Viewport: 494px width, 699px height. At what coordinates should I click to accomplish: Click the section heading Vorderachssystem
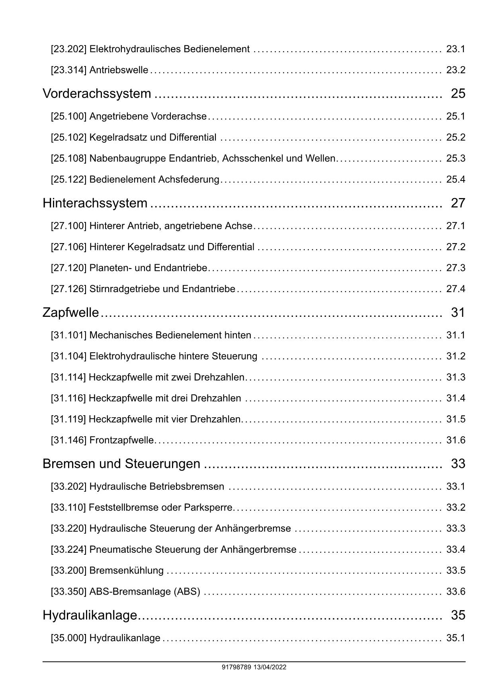(97, 94)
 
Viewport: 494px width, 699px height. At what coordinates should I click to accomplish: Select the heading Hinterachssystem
(95, 203)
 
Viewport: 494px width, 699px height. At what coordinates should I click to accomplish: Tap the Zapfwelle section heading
(70, 312)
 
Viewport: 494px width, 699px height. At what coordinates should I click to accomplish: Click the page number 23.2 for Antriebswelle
(455, 70)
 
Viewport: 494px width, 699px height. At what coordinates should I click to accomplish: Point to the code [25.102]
(68, 137)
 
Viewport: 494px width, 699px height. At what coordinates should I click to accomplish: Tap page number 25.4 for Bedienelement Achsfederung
(455, 179)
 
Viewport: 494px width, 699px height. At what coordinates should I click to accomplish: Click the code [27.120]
(68, 268)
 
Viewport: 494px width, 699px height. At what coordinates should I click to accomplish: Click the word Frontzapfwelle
(121, 440)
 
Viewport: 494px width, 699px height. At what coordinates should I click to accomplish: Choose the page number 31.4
(455, 398)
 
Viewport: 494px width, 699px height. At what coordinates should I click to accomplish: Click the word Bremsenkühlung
(126, 571)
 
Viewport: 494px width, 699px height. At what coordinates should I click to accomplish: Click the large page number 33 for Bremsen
(458, 464)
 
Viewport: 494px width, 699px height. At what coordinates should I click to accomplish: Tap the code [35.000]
(68, 638)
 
